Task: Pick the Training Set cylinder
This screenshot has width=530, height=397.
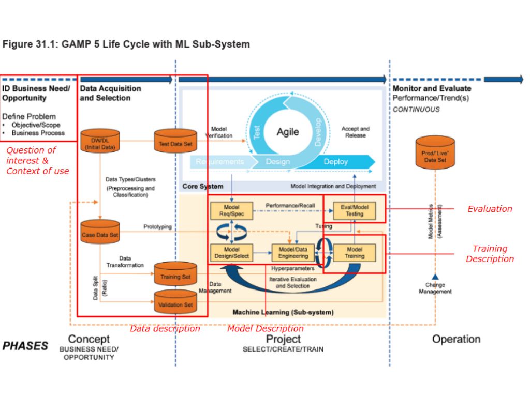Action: (175, 274)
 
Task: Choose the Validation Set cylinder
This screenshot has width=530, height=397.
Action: (175, 302)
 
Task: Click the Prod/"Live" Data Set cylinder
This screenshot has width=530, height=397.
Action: (435, 153)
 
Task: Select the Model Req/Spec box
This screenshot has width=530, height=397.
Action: (231, 210)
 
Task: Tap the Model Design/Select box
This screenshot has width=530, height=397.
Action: (231, 252)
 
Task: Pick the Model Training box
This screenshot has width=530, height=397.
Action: (354, 252)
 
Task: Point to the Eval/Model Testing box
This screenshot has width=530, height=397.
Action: (354, 210)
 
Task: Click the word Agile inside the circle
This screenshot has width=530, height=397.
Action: (288, 132)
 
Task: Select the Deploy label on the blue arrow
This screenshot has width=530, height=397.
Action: (336, 162)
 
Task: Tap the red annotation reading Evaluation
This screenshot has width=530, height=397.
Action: (490, 209)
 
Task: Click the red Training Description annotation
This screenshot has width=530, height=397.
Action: (490, 254)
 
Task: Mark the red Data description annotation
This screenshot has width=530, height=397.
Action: (165, 329)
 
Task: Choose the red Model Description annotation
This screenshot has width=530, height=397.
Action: (266, 329)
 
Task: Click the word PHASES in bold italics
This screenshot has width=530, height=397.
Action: (25, 346)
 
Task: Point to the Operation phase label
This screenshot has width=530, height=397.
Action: (456, 340)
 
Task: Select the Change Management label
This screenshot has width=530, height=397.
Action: (435, 288)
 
